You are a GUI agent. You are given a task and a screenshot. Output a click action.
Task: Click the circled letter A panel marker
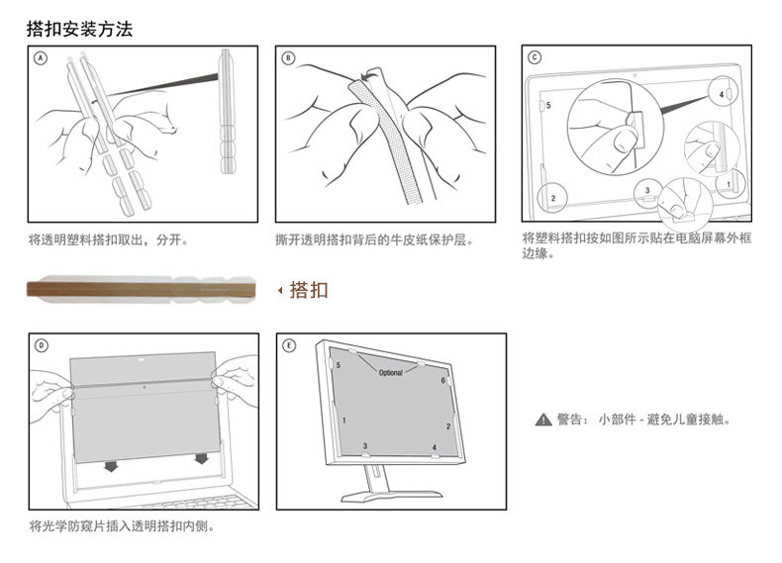[x=41, y=58]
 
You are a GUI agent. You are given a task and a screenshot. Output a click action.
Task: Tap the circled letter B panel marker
[x=288, y=58]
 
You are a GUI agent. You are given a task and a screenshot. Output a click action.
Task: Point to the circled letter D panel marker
[x=41, y=345]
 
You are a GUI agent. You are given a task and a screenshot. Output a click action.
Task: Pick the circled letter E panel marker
[x=288, y=345]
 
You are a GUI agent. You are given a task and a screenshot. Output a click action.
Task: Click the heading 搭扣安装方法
[x=79, y=29]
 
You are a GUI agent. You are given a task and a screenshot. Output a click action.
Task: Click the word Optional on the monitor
[x=390, y=373]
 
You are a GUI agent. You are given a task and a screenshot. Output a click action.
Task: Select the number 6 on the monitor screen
[x=442, y=381]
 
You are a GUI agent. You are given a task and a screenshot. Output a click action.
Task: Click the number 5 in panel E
[x=339, y=365]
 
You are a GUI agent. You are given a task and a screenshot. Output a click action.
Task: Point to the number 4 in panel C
[x=722, y=94]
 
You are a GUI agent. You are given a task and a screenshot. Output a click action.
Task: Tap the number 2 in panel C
[x=552, y=198]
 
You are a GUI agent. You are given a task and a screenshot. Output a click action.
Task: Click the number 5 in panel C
[x=548, y=104]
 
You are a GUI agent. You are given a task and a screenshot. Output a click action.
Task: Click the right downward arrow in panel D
[x=202, y=459]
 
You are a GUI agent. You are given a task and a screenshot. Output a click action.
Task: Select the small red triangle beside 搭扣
[x=279, y=290]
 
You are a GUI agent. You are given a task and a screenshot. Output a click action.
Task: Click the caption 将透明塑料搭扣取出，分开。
[x=108, y=239]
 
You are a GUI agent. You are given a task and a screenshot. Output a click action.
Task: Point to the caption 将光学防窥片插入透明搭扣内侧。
[x=122, y=525]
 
